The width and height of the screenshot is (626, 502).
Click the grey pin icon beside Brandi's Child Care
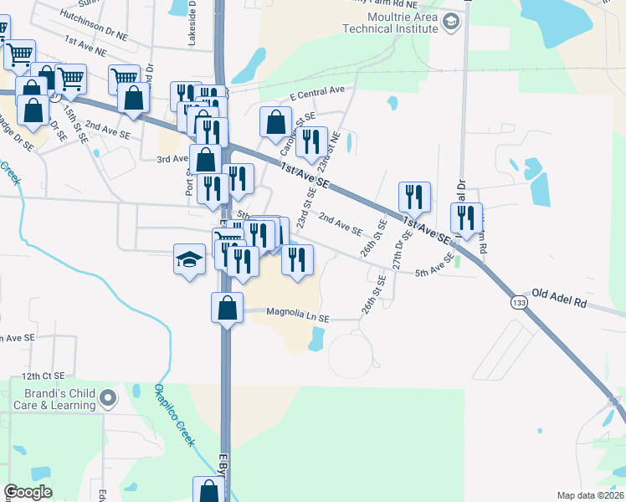(107, 399)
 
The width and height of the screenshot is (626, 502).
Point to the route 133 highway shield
(521, 304)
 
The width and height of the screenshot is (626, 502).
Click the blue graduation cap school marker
(189, 258)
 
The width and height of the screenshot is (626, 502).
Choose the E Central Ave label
(317, 91)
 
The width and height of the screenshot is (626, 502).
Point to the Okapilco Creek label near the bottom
(172, 415)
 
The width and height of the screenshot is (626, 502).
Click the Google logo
(28, 492)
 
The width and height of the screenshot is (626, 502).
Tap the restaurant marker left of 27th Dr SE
(414, 197)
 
